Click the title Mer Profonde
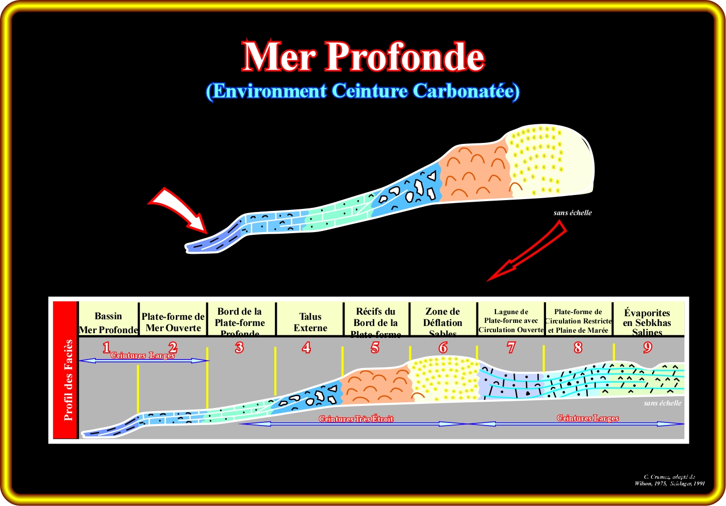tap(363, 56)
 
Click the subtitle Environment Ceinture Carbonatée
tap(362, 91)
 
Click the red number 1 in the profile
tap(106, 348)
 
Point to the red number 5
tap(375, 348)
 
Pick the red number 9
tap(648, 348)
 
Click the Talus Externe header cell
tap(310, 322)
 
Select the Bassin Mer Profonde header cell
tap(108, 322)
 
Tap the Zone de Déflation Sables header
tap(442, 322)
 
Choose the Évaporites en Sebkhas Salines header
tap(647, 322)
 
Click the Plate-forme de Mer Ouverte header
tap(173, 322)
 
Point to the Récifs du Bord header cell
tap(376, 322)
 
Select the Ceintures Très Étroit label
tap(356, 419)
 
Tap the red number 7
tap(511, 348)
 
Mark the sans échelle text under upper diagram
tap(572, 213)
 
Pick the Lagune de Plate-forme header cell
tap(511, 321)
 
